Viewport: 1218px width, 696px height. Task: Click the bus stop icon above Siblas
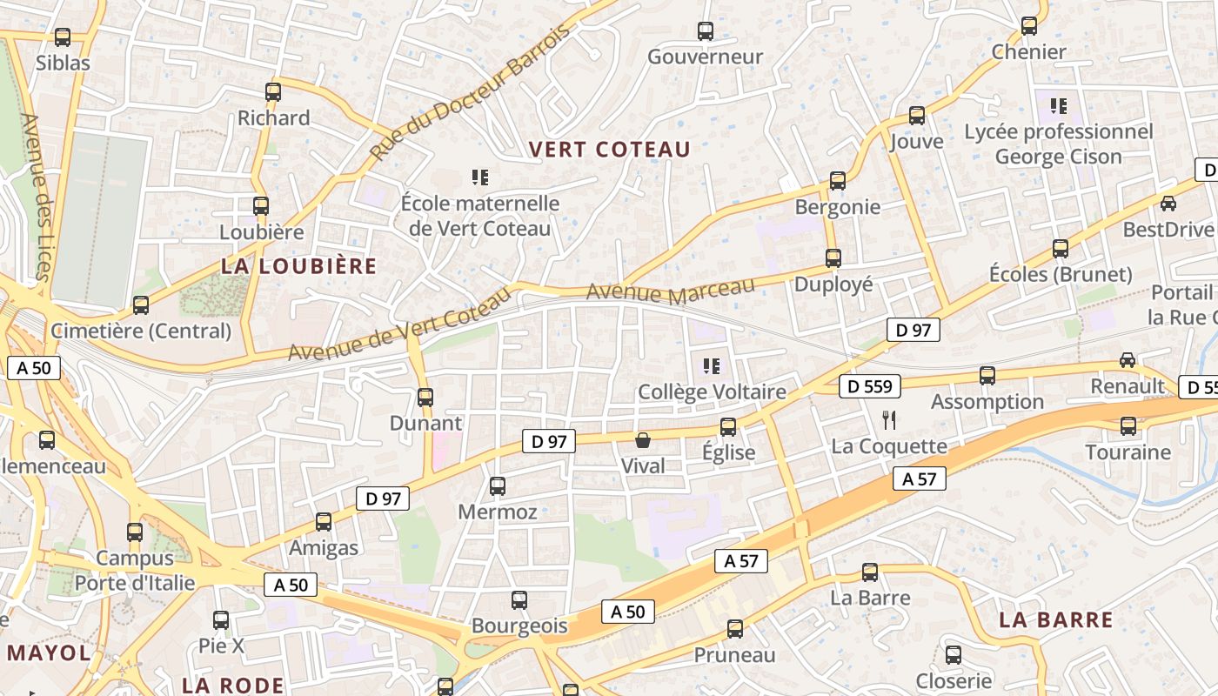(62, 37)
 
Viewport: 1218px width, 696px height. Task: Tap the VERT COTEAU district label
(609, 150)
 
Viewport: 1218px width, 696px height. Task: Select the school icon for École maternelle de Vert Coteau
(479, 178)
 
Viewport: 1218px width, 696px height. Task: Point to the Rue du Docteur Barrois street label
(470, 91)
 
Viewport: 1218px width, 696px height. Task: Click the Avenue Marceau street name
(671, 290)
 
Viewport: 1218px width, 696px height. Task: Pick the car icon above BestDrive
(1168, 204)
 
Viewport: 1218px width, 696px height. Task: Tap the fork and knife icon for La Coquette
(888, 420)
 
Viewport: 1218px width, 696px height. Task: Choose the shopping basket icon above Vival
(643, 440)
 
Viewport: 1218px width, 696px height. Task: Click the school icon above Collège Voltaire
(712, 366)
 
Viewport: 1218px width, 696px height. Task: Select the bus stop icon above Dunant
(425, 398)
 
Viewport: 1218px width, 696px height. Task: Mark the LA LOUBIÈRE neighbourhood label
(298, 266)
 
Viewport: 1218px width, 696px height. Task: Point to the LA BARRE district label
(1055, 620)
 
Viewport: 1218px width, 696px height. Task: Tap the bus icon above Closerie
(954, 655)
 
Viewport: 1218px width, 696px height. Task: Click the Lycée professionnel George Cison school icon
(1058, 107)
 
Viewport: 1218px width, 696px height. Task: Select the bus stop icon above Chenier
(1029, 26)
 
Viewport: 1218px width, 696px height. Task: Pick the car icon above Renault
(1128, 359)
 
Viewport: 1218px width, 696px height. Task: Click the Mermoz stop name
(498, 512)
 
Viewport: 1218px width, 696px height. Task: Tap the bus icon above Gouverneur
(706, 31)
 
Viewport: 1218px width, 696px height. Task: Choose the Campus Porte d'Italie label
(135, 570)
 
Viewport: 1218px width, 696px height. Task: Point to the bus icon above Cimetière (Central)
(141, 305)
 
